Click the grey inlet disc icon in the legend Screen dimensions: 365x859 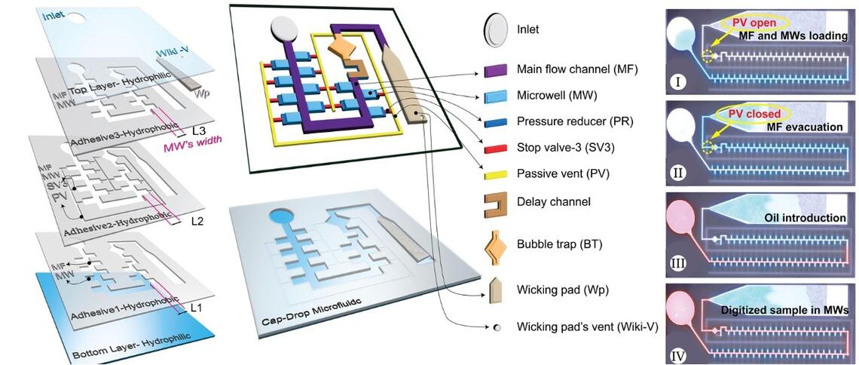pyautogui.click(x=495, y=29)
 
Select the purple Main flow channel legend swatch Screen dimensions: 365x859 pyautogui.click(x=495, y=70)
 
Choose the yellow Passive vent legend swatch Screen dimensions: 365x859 pyautogui.click(x=495, y=173)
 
